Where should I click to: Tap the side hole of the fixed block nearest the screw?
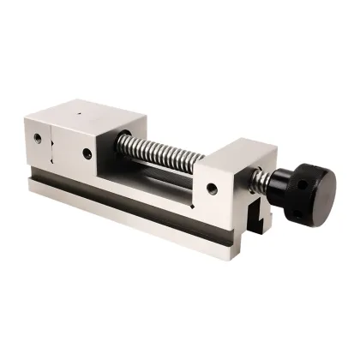(87, 154)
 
